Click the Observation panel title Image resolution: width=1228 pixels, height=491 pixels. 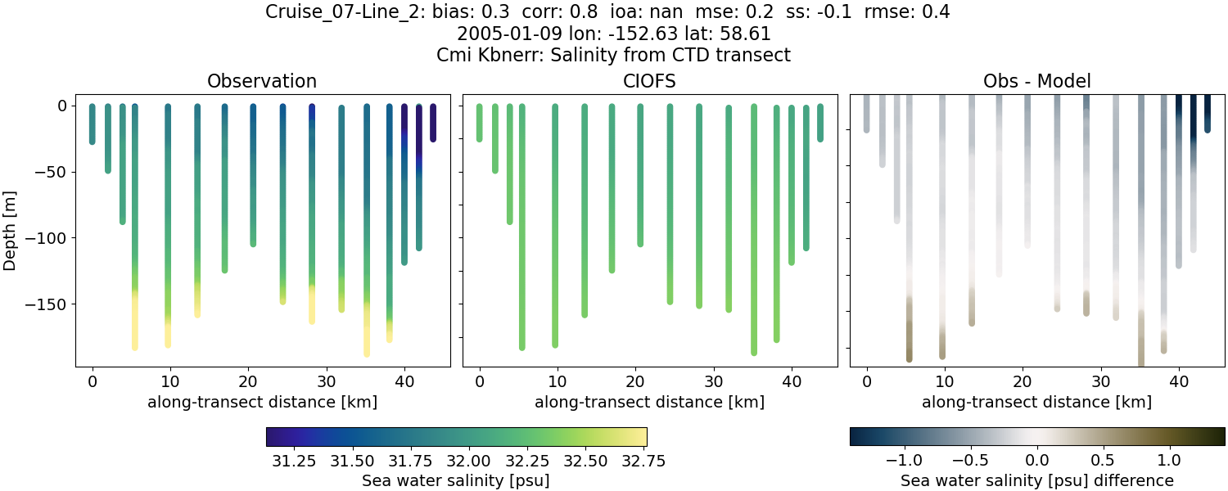click(262, 81)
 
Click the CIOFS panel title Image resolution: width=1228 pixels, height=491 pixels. click(650, 81)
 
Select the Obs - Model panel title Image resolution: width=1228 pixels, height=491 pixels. click(1036, 81)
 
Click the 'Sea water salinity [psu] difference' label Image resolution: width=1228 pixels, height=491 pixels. click(1037, 480)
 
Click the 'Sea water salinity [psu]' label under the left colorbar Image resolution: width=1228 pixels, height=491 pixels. click(456, 480)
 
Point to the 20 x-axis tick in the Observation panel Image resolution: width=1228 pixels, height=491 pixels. click(248, 381)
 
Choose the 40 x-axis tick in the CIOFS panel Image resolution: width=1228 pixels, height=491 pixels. click(792, 381)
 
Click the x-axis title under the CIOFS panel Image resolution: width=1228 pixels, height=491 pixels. click(650, 402)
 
